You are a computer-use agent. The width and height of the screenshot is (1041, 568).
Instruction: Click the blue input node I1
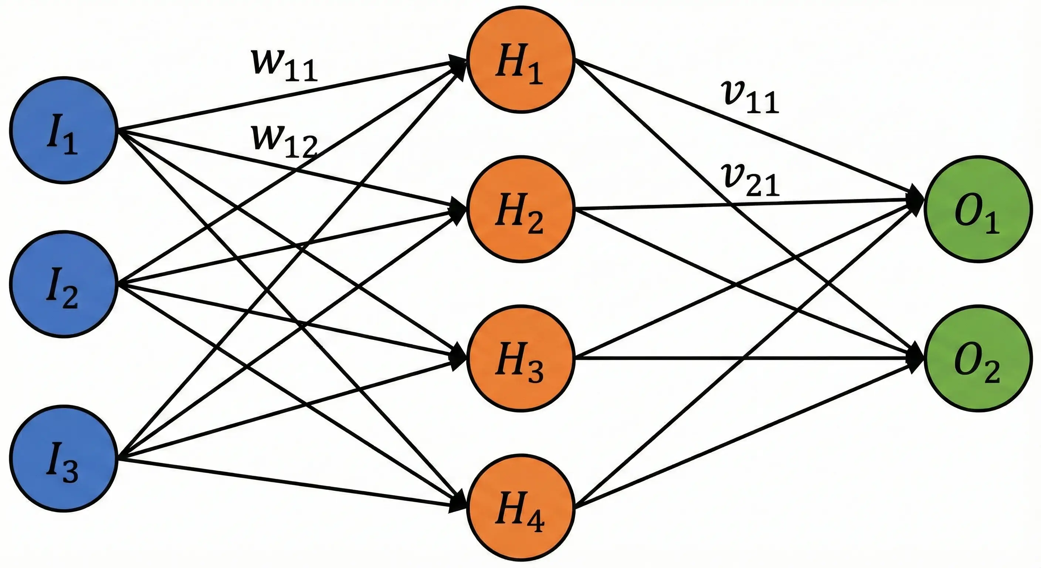coord(64,130)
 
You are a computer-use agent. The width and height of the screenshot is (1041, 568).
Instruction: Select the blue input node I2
coord(64,284)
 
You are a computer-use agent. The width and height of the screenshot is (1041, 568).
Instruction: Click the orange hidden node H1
coord(520,60)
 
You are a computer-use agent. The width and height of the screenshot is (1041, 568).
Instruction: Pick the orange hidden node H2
coord(520,209)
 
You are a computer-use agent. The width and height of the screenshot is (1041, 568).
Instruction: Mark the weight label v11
coord(750,98)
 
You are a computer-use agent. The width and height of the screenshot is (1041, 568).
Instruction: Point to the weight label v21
coord(750,182)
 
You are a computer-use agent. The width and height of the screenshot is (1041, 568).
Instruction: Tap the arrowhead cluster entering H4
coord(459,503)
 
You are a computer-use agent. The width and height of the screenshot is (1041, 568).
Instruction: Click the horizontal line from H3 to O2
coord(747,358)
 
